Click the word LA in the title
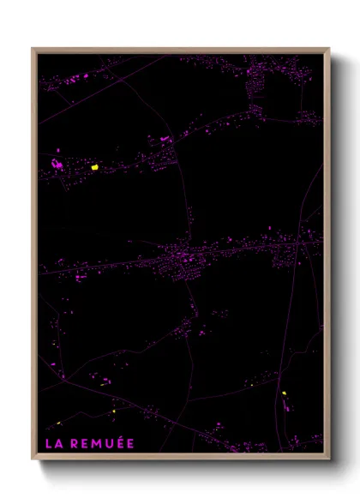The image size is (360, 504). [53, 443]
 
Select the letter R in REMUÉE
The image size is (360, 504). [74, 443]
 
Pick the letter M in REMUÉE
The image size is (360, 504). [94, 443]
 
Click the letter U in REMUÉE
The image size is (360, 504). [106, 443]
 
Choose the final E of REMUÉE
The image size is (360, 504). [129, 443]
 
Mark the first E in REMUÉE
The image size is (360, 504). [83, 443]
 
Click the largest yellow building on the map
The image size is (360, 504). [95, 167]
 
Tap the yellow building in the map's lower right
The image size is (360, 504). [284, 393]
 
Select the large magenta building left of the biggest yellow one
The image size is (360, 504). [58, 164]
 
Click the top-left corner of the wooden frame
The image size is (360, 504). [33, 49]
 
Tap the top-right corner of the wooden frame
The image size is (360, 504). [329, 49]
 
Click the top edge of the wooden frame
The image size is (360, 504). [180, 49]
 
